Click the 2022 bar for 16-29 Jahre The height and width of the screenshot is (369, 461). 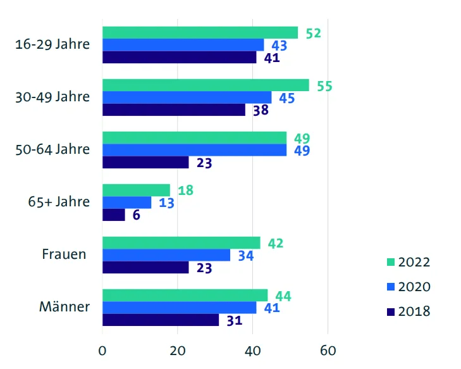200,32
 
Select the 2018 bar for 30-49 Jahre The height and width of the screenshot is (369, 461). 173,110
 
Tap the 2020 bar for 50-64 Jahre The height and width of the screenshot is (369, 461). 194,150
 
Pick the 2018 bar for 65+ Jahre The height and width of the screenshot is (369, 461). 114,215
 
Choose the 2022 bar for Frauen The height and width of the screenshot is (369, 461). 181,242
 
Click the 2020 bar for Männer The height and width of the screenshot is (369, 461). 179,308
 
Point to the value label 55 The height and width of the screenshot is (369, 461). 324,86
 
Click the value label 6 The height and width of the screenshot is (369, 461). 137,215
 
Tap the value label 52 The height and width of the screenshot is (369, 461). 313,34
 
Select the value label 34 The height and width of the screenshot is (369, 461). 246,256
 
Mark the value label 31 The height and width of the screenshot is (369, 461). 235,321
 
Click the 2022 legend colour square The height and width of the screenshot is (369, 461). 391,262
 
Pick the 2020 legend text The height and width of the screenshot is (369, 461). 415,287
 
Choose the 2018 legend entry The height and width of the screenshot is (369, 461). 409,311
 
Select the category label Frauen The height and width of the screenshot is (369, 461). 64,255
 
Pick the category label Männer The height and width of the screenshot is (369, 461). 64,308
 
